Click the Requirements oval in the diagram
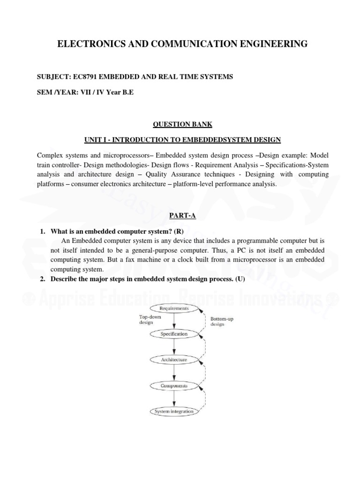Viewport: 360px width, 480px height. point(174,308)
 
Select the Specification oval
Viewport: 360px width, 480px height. point(174,334)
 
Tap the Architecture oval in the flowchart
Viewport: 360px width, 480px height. point(174,360)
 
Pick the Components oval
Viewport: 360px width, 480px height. point(174,386)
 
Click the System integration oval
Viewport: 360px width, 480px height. point(174,412)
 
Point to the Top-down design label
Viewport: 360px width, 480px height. point(150,320)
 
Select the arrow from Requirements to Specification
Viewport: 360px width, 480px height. point(174,321)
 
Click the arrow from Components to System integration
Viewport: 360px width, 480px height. point(174,398)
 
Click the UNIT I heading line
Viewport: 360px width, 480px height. point(182,140)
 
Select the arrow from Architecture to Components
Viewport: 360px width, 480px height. point(174,373)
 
